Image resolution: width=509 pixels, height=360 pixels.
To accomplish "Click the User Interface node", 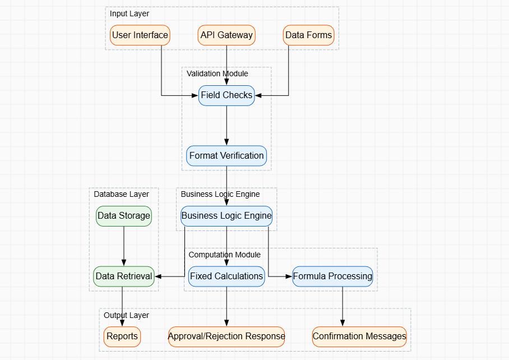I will pos(140,35).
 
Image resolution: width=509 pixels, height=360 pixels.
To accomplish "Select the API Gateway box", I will pos(226,35).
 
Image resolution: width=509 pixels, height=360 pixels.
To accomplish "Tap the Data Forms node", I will pos(308,35).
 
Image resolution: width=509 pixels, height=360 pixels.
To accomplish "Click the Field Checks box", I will pos(226,95).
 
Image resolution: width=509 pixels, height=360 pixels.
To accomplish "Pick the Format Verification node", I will pos(226,155).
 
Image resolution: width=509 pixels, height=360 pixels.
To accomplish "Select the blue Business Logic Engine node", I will pos(226,216).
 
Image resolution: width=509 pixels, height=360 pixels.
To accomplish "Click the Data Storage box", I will pos(124,216).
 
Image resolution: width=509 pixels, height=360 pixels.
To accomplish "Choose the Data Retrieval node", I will pos(124,276).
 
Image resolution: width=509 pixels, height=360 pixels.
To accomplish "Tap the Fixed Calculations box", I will pos(226,276).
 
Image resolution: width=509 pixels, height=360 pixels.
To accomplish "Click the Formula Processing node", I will pos(332,276).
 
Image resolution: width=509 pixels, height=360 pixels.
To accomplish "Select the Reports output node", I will pos(122,336).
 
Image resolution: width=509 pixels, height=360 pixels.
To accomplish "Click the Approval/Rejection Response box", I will pos(226,336).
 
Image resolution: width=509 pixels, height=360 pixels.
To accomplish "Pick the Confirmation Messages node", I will pos(359,336).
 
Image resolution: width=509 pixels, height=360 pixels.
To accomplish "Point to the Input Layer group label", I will pos(129,13).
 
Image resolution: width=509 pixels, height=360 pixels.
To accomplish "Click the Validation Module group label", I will pos(218,73).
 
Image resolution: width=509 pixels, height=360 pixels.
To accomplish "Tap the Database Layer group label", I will pos(122,194).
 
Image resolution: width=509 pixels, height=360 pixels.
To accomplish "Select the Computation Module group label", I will pos(225,255).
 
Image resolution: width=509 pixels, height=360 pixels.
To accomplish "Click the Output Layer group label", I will pos(127,315).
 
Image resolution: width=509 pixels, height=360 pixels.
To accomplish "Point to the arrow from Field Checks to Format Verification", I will pos(226,126).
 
